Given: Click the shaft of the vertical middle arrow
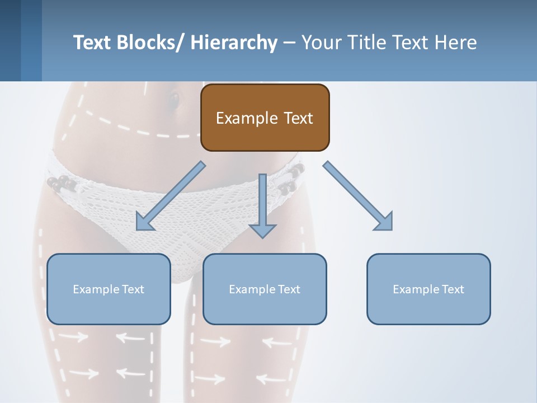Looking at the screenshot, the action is [262, 196].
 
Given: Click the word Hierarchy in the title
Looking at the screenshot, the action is [234, 43].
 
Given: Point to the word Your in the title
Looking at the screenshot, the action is [322, 43].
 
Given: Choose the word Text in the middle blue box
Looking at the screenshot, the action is [288, 289].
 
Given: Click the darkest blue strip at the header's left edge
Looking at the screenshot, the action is [10, 40].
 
